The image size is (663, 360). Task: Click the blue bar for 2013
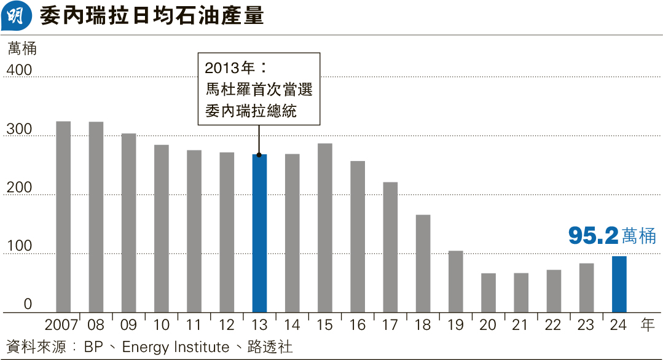[259, 233]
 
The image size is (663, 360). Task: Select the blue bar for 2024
[619, 284]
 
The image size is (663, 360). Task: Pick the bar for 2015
[325, 228]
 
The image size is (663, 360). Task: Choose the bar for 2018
[423, 264]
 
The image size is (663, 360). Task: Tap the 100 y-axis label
[19, 246]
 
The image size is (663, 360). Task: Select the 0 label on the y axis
[28, 304]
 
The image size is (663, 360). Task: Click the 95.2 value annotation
[593, 236]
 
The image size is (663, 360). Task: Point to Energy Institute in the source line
[176, 347]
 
